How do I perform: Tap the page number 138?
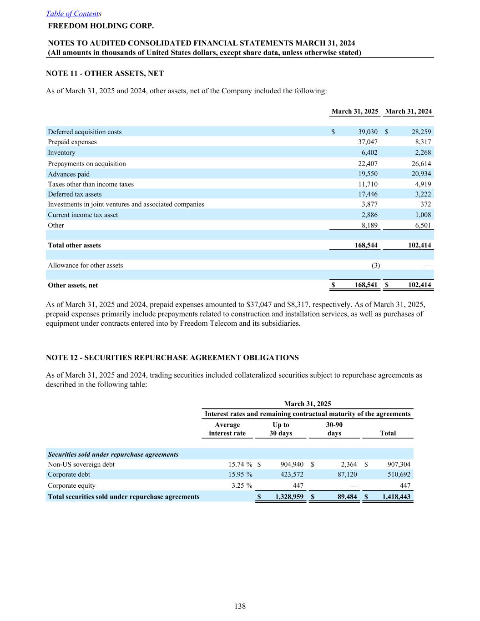240,606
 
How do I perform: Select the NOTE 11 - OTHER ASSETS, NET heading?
105,73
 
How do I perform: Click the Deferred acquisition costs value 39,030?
368,132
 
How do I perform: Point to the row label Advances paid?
69,174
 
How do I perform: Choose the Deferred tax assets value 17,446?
368,194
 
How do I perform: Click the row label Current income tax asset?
83,215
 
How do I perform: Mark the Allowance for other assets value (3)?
376,265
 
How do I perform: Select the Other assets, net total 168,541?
366,285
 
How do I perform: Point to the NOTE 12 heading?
172,358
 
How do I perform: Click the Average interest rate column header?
227,429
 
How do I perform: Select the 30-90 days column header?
334,429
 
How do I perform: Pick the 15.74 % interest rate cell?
240,464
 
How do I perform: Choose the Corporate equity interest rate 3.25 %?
242,485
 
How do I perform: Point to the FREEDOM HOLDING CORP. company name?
101,25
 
